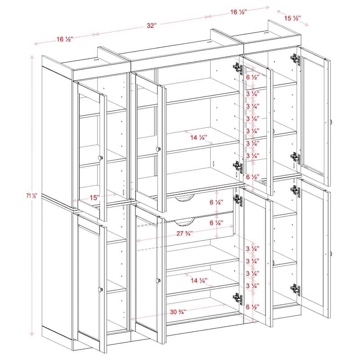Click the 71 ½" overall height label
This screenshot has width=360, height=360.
pyautogui.click(x=33, y=195)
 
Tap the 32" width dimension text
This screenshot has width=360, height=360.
pyautogui.click(x=151, y=26)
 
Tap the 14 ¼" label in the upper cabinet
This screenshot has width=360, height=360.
pyautogui.click(x=198, y=137)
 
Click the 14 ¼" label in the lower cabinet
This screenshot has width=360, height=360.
pyautogui.click(x=198, y=280)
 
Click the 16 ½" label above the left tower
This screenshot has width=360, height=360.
pyautogui.click(x=65, y=39)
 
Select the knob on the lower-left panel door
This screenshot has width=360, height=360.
pyautogui.click(x=100, y=288)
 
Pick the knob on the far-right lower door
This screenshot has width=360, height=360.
pyautogui.click(x=331, y=254)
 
